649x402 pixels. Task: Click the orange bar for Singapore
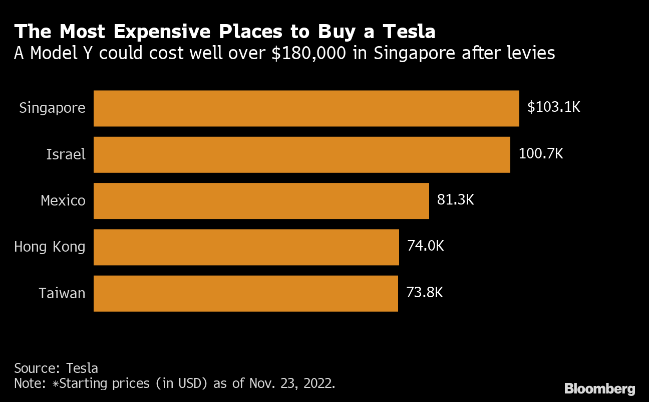[306, 108]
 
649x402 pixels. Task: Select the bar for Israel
[301, 154]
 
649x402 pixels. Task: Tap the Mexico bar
[261, 200]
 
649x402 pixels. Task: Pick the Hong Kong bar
[246, 247]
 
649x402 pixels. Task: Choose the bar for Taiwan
[245, 293]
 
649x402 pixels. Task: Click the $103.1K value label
[553, 107]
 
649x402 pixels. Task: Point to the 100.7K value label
[541, 153]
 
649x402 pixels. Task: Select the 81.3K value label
[455, 200]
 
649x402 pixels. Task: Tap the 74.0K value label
[425, 246]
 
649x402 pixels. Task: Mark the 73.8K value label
[424, 292]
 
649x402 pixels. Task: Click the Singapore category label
[52, 108]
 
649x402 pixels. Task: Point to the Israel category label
[66, 154]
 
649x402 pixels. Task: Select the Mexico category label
[63, 200]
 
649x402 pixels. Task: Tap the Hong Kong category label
[50, 247]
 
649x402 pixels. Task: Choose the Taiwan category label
[62, 293]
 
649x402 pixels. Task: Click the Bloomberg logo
[599, 388]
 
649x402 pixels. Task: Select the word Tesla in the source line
[82, 368]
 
